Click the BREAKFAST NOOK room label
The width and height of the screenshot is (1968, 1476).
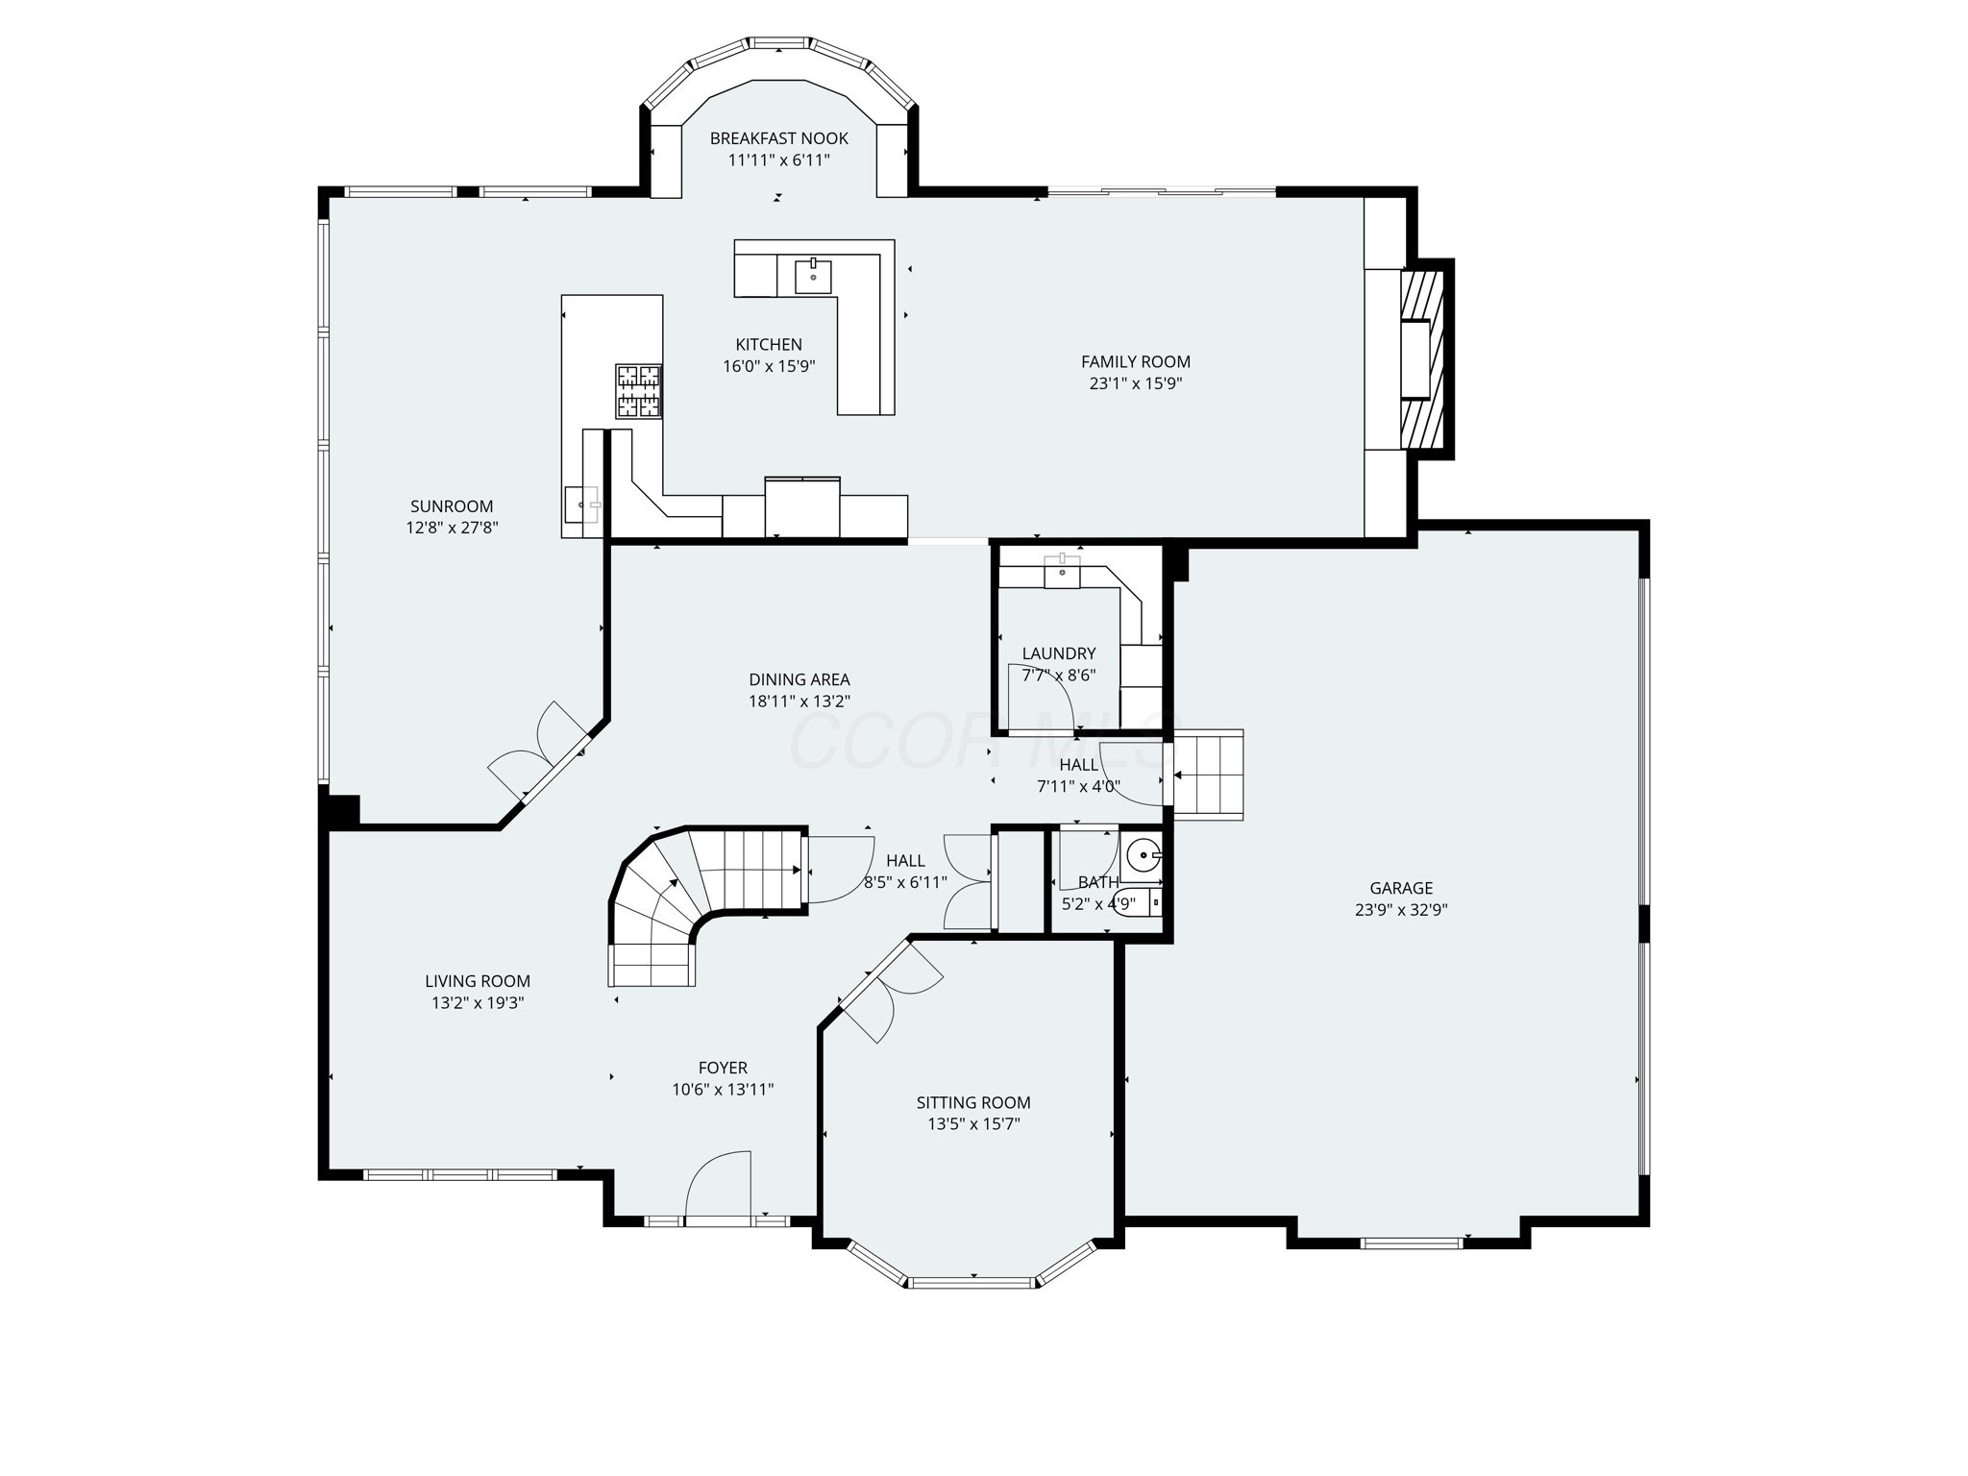[x=778, y=138]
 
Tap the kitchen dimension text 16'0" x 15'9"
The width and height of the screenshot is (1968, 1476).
[x=769, y=366]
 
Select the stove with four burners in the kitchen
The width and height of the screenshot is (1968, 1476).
[x=639, y=391]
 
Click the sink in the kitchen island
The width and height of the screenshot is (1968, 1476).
[x=813, y=276]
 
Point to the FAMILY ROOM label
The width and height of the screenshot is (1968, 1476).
[x=1135, y=361]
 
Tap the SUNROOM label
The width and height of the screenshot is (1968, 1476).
[x=452, y=506]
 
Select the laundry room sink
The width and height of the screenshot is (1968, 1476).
[x=1062, y=573]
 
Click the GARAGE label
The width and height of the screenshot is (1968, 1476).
[x=1401, y=888]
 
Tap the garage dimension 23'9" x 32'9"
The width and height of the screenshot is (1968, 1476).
[x=1401, y=910]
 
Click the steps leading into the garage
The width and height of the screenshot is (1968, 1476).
[x=1208, y=775]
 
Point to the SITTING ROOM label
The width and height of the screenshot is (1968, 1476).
[x=972, y=1102]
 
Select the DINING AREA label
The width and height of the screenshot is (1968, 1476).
[x=799, y=679]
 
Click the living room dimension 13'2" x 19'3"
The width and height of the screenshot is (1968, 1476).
[x=478, y=1003]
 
